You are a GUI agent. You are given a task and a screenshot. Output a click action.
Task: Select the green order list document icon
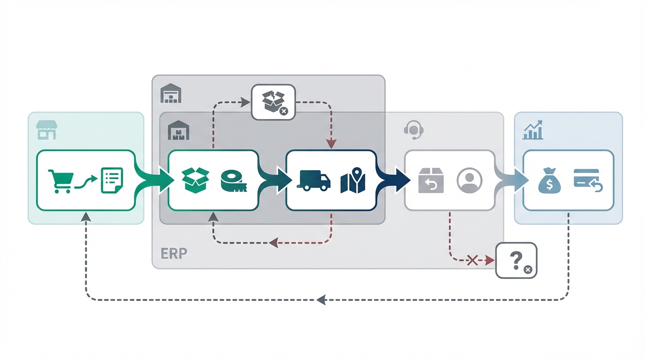pos(112,181)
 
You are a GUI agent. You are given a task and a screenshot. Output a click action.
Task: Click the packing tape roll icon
pos(233,181)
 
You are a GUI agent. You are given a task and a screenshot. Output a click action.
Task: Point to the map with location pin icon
pos(353,180)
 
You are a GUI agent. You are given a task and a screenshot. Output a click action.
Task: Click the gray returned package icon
pos(430,181)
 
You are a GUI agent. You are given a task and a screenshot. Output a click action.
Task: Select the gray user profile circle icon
pos(469,180)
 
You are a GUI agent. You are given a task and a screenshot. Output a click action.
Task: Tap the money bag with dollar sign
pos(549,181)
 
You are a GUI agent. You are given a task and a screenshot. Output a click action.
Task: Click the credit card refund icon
pos(588,180)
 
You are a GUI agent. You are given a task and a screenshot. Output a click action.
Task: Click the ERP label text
pos(174,254)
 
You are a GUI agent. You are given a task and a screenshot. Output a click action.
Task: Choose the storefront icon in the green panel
pos(46,130)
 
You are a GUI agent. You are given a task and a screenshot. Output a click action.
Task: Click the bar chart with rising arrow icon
pos(533,130)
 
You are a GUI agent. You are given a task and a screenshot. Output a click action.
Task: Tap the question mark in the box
pos(515,259)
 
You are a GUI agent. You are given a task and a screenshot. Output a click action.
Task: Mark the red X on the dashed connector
pos(472,260)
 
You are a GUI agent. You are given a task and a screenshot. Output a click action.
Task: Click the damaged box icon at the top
pos(274,102)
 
